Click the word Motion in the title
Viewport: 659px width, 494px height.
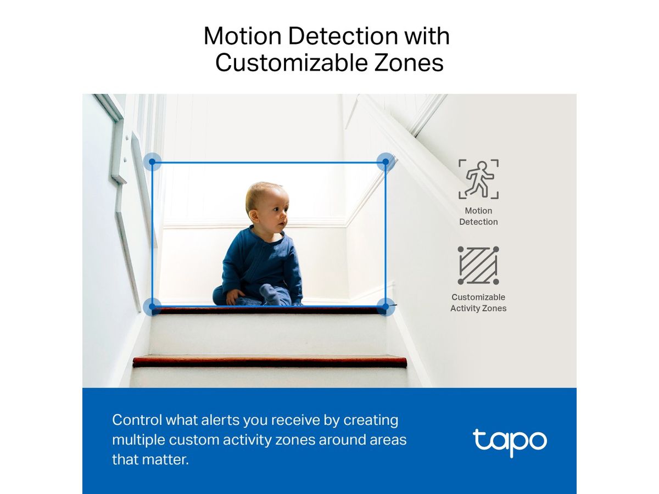[x=242, y=36]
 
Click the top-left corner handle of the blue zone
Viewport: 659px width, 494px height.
[x=153, y=162]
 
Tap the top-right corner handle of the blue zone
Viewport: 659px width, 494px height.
[x=386, y=161]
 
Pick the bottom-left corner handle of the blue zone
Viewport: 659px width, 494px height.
[x=153, y=306]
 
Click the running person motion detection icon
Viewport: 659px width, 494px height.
[x=478, y=179]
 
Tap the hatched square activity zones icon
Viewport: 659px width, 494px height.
[x=478, y=266]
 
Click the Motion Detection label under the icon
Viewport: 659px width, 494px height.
[x=478, y=216]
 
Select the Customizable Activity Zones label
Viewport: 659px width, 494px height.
[x=478, y=302]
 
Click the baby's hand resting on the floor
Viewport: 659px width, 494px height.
[x=233, y=297]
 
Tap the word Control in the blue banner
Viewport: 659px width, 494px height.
[x=137, y=420]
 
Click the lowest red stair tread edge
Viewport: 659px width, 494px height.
[x=270, y=362]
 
